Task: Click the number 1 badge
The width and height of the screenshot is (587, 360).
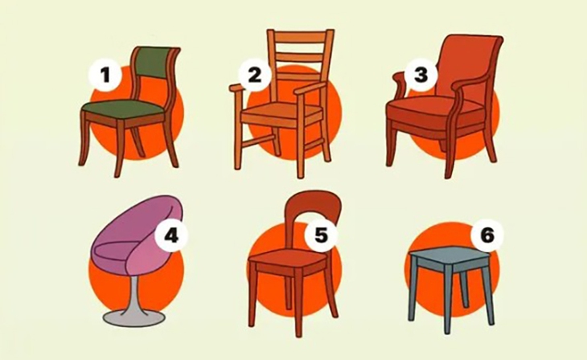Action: tap(105, 77)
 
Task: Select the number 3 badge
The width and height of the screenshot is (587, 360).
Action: tap(419, 77)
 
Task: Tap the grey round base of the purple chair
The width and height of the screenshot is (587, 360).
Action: tap(133, 315)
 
